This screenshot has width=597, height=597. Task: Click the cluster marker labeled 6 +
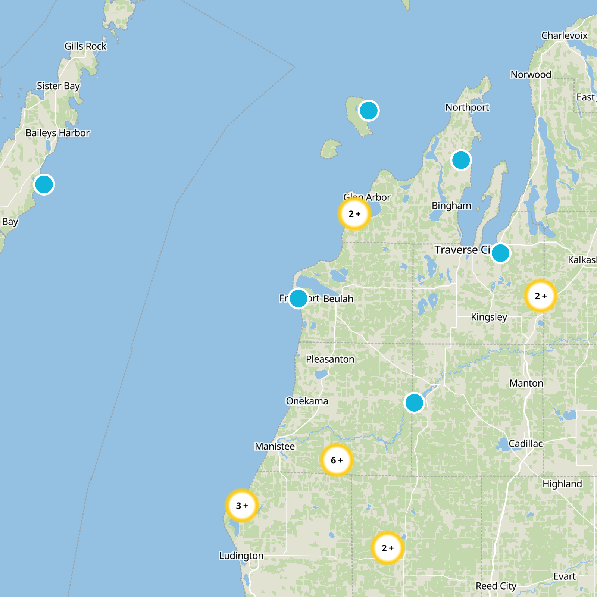[x=337, y=460]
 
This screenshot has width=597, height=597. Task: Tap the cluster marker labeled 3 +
[x=242, y=506]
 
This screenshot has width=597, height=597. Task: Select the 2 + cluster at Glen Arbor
[x=354, y=214]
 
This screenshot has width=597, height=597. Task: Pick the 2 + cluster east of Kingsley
[x=540, y=296]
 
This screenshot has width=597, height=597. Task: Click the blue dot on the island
[x=369, y=111]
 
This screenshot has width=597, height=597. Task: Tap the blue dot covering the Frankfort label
[x=298, y=298]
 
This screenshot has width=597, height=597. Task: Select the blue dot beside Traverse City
[x=500, y=253]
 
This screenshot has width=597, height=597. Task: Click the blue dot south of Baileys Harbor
[x=44, y=184]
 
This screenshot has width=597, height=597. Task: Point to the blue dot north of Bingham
[x=461, y=160]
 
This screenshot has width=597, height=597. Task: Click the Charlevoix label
[x=564, y=35]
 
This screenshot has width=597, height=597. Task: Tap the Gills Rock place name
[x=85, y=46]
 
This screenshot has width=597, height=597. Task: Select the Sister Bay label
[x=58, y=86]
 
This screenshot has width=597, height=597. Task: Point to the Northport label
[x=467, y=107]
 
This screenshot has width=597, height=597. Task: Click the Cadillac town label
[x=525, y=444]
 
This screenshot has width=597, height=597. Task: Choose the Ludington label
[x=241, y=556]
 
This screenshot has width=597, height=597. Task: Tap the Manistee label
[x=275, y=446]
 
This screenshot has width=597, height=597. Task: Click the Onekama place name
[x=307, y=401]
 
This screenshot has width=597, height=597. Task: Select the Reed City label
[x=496, y=586]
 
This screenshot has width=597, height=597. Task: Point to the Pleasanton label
[x=330, y=359]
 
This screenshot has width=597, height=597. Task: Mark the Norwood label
[x=531, y=75]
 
